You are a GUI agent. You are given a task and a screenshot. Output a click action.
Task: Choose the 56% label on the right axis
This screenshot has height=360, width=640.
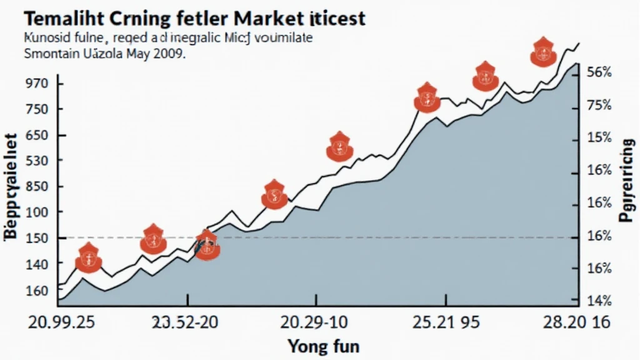click(x=599, y=72)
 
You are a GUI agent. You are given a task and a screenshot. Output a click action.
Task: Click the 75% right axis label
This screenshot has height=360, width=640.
click(x=599, y=105)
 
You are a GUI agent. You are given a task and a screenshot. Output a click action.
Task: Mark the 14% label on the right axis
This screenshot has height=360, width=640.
click(x=599, y=301)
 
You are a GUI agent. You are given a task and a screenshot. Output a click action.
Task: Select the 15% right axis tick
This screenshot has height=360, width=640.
click(x=599, y=137)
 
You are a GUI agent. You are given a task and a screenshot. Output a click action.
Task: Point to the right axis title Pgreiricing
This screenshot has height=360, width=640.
click(x=627, y=181)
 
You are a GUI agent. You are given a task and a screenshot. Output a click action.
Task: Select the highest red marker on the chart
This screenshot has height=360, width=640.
click(x=542, y=52)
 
